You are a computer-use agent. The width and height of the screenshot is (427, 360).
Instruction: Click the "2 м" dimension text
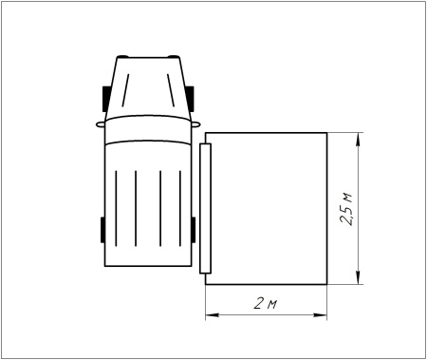coord(266,304)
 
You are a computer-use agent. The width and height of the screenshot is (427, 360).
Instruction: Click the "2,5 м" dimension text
coord(347,208)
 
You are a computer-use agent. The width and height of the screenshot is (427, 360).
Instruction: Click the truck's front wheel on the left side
coord(105,98)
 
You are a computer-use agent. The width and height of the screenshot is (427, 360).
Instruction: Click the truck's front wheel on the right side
coord(193,98)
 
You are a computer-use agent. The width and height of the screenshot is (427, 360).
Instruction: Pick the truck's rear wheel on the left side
coord(102,231)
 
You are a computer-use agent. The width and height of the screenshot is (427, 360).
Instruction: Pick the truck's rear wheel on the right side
coord(195,231)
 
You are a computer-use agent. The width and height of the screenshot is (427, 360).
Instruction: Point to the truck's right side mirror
coord(195,122)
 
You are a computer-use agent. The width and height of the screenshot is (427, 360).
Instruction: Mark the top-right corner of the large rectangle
coord(327,133)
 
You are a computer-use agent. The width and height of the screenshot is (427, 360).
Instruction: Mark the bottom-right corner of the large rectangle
coord(327,283)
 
